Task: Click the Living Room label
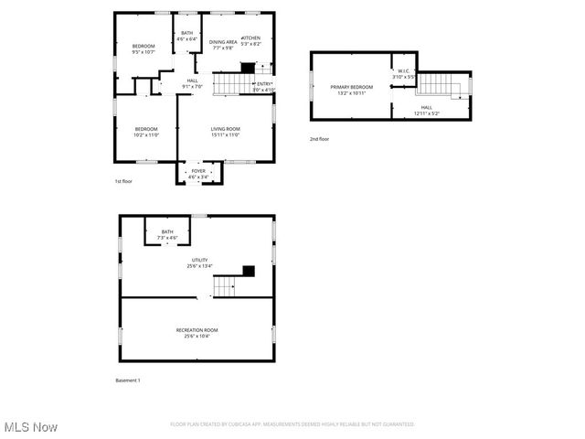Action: tap(225, 132)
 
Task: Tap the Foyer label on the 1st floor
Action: tap(198, 173)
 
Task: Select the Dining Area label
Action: tap(223, 45)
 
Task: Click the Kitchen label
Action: tap(250, 41)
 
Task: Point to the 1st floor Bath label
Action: tap(186, 37)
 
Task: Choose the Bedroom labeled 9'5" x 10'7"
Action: tap(144, 48)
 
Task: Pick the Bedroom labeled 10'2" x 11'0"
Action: tap(146, 132)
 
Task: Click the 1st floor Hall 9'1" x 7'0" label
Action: tap(192, 83)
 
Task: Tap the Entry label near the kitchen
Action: tap(263, 86)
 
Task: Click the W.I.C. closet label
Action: tap(404, 74)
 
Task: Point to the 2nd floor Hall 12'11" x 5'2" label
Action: tap(426, 110)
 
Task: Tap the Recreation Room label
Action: tap(197, 332)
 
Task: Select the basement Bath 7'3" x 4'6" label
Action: tap(167, 234)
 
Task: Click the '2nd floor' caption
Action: tap(319, 139)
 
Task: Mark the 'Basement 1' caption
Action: tap(127, 380)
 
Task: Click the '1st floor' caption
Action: tap(122, 181)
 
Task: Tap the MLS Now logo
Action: tap(31, 427)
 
